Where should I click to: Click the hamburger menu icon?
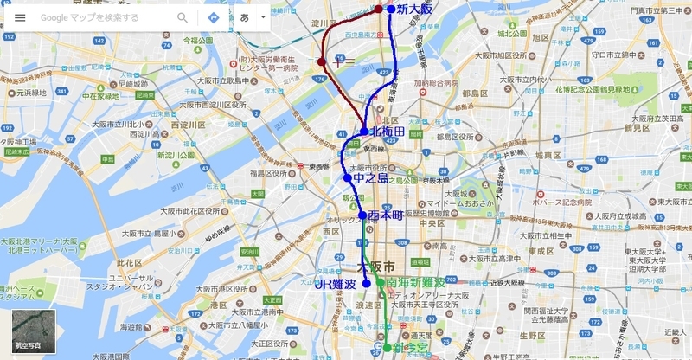tap(20, 17)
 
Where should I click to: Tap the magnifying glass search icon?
tap(183, 17)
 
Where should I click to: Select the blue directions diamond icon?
tap(213, 17)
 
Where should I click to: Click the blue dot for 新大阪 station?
tap(391, 10)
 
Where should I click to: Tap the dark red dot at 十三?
tap(322, 62)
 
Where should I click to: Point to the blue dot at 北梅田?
tap(365, 132)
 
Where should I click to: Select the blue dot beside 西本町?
tap(362, 215)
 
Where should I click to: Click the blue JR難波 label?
tap(336, 284)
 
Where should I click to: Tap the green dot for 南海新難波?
tap(379, 283)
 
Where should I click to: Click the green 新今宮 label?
tap(406, 347)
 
